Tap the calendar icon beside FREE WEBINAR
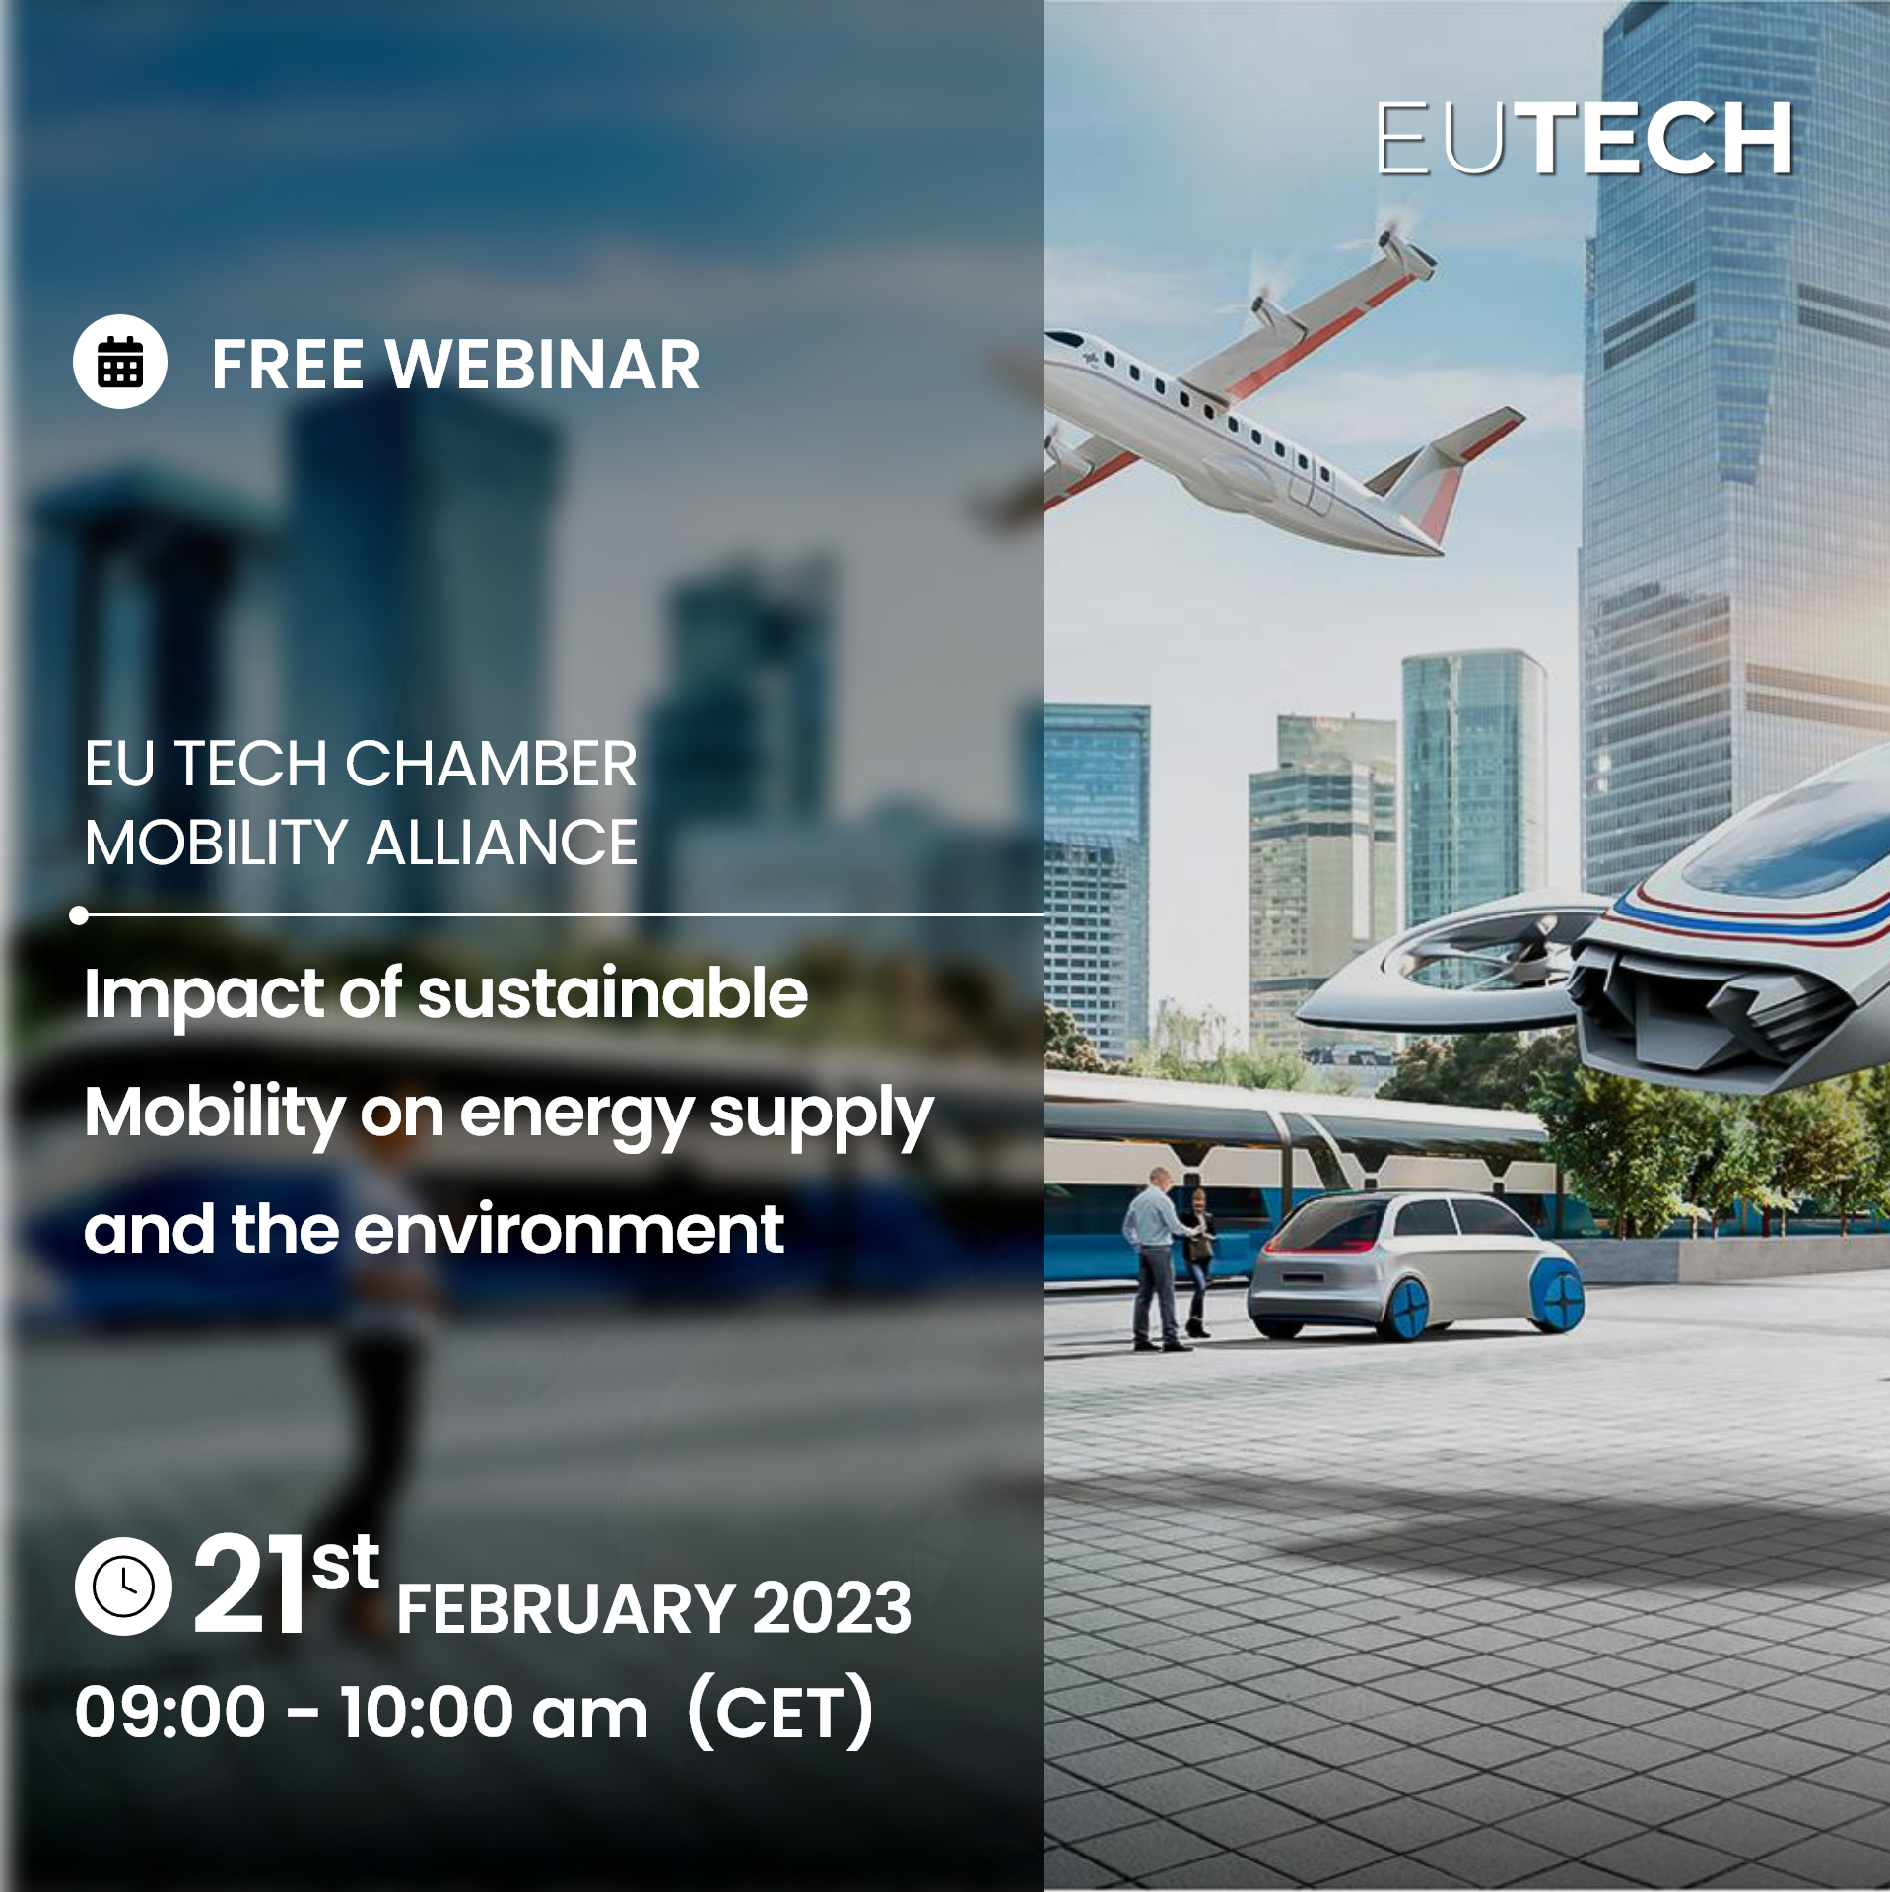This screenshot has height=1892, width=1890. click(120, 362)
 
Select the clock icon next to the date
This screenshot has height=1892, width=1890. click(123, 1587)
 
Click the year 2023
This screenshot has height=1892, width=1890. click(833, 1609)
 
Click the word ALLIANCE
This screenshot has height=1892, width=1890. click(503, 844)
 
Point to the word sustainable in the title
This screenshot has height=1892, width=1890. click(613, 993)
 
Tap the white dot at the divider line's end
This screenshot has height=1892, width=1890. click(80, 915)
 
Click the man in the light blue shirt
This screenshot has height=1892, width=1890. click(1155, 1258)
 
